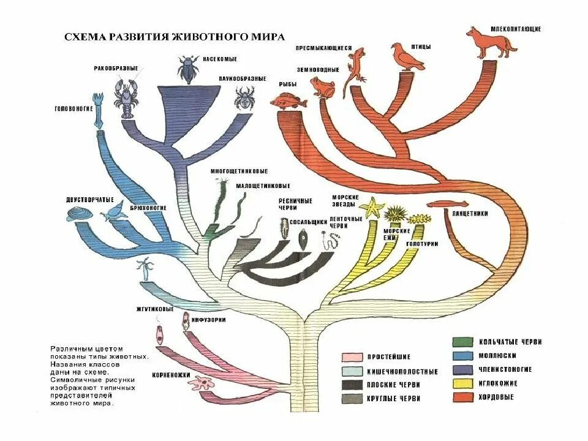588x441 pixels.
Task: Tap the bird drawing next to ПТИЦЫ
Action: click(406, 57)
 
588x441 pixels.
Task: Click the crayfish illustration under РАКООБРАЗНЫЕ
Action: click(128, 98)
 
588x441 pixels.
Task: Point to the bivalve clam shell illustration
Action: click(80, 214)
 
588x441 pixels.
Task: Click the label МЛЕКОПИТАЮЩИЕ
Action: click(516, 29)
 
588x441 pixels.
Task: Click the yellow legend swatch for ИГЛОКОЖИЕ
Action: click(463, 383)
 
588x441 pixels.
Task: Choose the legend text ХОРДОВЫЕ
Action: click(495, 398)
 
